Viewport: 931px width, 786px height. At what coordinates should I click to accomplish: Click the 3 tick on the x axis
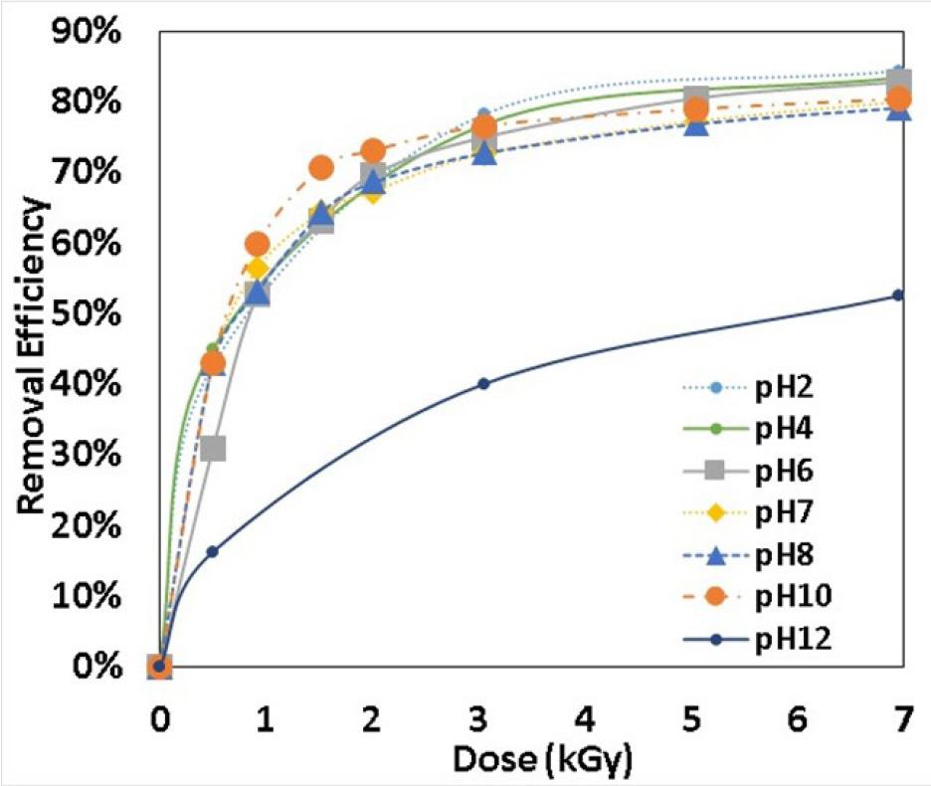pos(484,716)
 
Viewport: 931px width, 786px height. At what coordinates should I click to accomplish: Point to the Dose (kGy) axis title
pos(541,760)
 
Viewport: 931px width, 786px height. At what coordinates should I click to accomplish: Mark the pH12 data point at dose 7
pos(897,295)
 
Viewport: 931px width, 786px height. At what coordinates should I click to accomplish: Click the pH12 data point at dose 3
pos(484,383)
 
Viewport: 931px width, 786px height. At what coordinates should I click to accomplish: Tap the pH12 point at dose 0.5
pos(212,551)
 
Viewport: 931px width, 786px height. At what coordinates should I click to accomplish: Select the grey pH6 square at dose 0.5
pos(212,449)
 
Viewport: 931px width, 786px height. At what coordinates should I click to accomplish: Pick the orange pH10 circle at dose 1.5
pos(321,168)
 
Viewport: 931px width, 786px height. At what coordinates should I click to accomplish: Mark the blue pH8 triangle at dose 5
pos(696,124)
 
